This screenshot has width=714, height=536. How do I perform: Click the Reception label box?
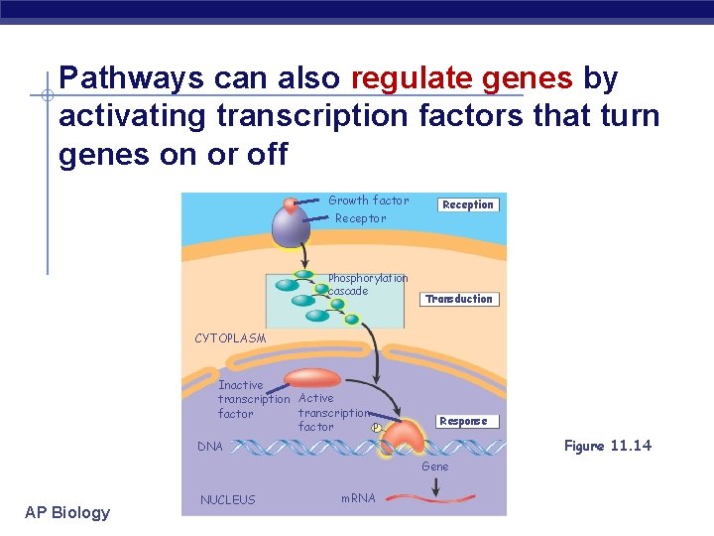467,204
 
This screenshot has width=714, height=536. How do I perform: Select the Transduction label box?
458,299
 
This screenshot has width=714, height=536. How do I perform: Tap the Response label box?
463,421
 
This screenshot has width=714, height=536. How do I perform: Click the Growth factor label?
368,201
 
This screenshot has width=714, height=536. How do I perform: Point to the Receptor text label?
361,218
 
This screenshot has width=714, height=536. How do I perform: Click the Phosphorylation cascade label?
367,285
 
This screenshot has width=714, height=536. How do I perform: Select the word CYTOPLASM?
230,338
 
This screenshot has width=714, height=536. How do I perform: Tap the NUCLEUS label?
227,500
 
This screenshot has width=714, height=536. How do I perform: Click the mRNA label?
358,498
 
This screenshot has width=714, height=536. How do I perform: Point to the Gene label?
434,467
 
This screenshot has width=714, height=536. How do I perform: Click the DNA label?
210,447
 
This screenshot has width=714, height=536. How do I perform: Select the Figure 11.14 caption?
607,446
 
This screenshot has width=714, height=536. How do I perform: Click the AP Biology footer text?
67,512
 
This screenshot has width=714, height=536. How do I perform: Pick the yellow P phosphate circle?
376,428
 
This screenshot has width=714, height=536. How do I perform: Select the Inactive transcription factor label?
253,399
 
